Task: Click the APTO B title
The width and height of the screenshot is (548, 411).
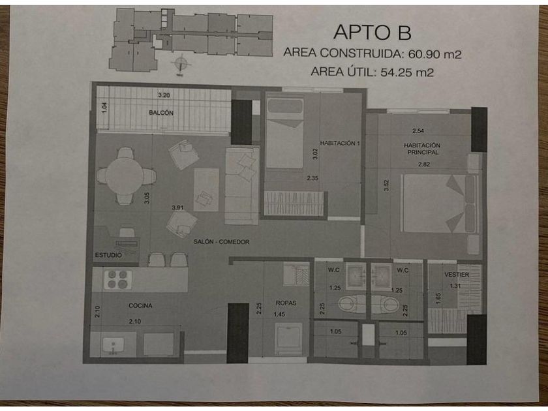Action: pos(373,31)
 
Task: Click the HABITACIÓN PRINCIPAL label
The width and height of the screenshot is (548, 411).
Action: pos(421,148)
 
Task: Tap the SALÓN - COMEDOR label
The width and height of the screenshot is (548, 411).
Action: pos(222,241)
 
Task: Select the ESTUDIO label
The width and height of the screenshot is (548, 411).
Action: pos(108,254)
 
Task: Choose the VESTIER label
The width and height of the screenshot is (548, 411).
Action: pos(457,275)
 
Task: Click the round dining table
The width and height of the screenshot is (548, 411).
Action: pos(125,176)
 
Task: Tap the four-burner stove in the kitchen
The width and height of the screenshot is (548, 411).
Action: pos(119,279)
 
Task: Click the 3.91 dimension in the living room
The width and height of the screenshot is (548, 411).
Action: pos(177,207)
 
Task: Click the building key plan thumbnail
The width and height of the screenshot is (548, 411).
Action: pos(191,39)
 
